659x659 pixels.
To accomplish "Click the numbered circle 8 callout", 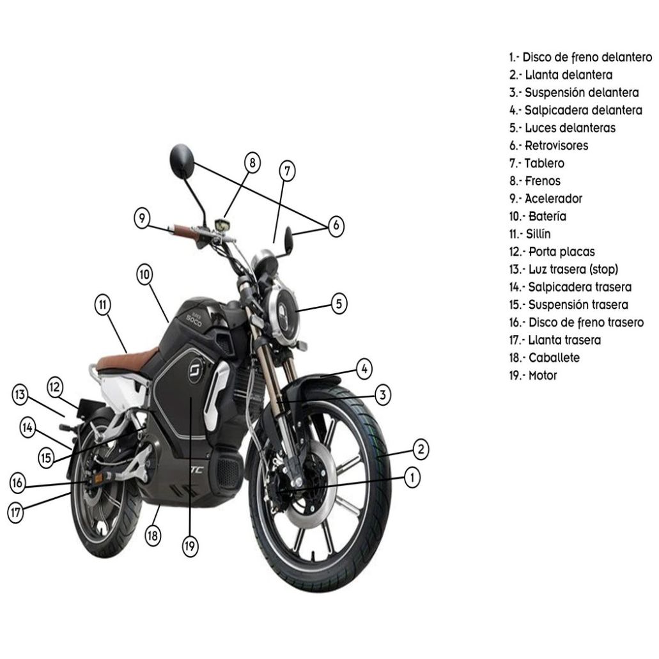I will (252, 163).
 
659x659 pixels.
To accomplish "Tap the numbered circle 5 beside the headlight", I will (339, 304).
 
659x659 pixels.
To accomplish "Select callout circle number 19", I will (190, 546).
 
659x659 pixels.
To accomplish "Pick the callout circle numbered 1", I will (412, 476).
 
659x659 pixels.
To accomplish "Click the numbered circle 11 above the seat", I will (103, 305).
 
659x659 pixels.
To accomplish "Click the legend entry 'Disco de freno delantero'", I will (580, 57).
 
